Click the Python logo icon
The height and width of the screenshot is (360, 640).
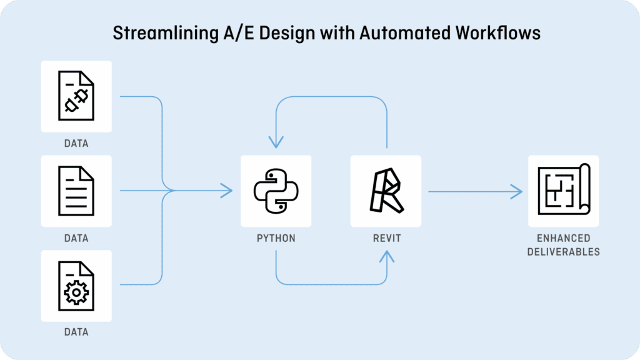[x=276, y=191]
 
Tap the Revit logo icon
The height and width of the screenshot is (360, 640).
[x=386, y=190]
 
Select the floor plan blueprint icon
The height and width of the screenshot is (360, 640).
[x=564, y=190]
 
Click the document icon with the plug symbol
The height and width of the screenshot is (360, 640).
[x=76, y=96]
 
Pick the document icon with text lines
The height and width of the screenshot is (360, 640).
[x=76, y=191]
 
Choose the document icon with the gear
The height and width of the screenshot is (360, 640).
[x=76, y=286]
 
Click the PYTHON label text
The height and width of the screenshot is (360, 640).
[x=276, y=238]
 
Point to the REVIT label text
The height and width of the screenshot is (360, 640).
[x=386, y=238]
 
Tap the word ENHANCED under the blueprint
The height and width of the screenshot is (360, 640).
[x=563, y=238]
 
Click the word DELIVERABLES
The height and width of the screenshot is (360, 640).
[x=563, y=252]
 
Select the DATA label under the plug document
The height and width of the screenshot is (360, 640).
[x=76, y=143]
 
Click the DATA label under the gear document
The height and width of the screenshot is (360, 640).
[x=76, y=332]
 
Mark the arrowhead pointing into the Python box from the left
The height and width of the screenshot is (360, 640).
[x=226, y=191]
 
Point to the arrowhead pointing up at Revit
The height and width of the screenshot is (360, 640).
[x=387, y=255]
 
